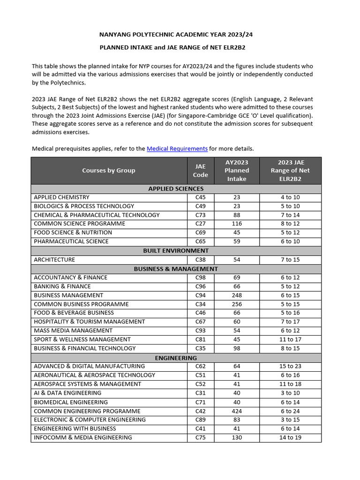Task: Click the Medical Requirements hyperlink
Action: pyautogui.click(x=177, y=149)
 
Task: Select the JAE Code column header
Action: pyautogui.click(x=200, y=171)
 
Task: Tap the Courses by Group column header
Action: pyautogui.click(x=109, y=171)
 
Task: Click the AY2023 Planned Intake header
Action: pyautogui.click(x=237, y=171)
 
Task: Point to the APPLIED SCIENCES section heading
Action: pyautogui.click(x=176, y=188)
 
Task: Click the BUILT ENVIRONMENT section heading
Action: pyautogui.click(x=176, y=251)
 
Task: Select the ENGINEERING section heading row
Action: pyautogui.click(x=176, y=358)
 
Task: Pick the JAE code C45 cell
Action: pyautogui.click(x=200, y=197)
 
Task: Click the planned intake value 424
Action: pyautogui.click(x=237, y=411)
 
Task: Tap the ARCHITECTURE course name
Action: pyautogui.click(x=54, y=260)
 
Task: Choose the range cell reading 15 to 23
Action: pyautogui.click(x=290, y=367)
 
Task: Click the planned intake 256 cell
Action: pyautogui.click(x=237, y=304)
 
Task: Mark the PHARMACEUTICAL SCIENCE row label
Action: pyautogui.click(x=71, y=242)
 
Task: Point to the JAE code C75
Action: pyautogui.click(x=200, y=438)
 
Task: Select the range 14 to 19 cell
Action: pyautogui.click(x=290, y=438)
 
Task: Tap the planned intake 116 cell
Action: pyautogui.click(x=237, y=224)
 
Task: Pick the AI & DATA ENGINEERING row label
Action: pyautogui.click(x=67, y=393)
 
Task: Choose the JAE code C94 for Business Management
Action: pyautogui.click(x=200, y=295)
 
